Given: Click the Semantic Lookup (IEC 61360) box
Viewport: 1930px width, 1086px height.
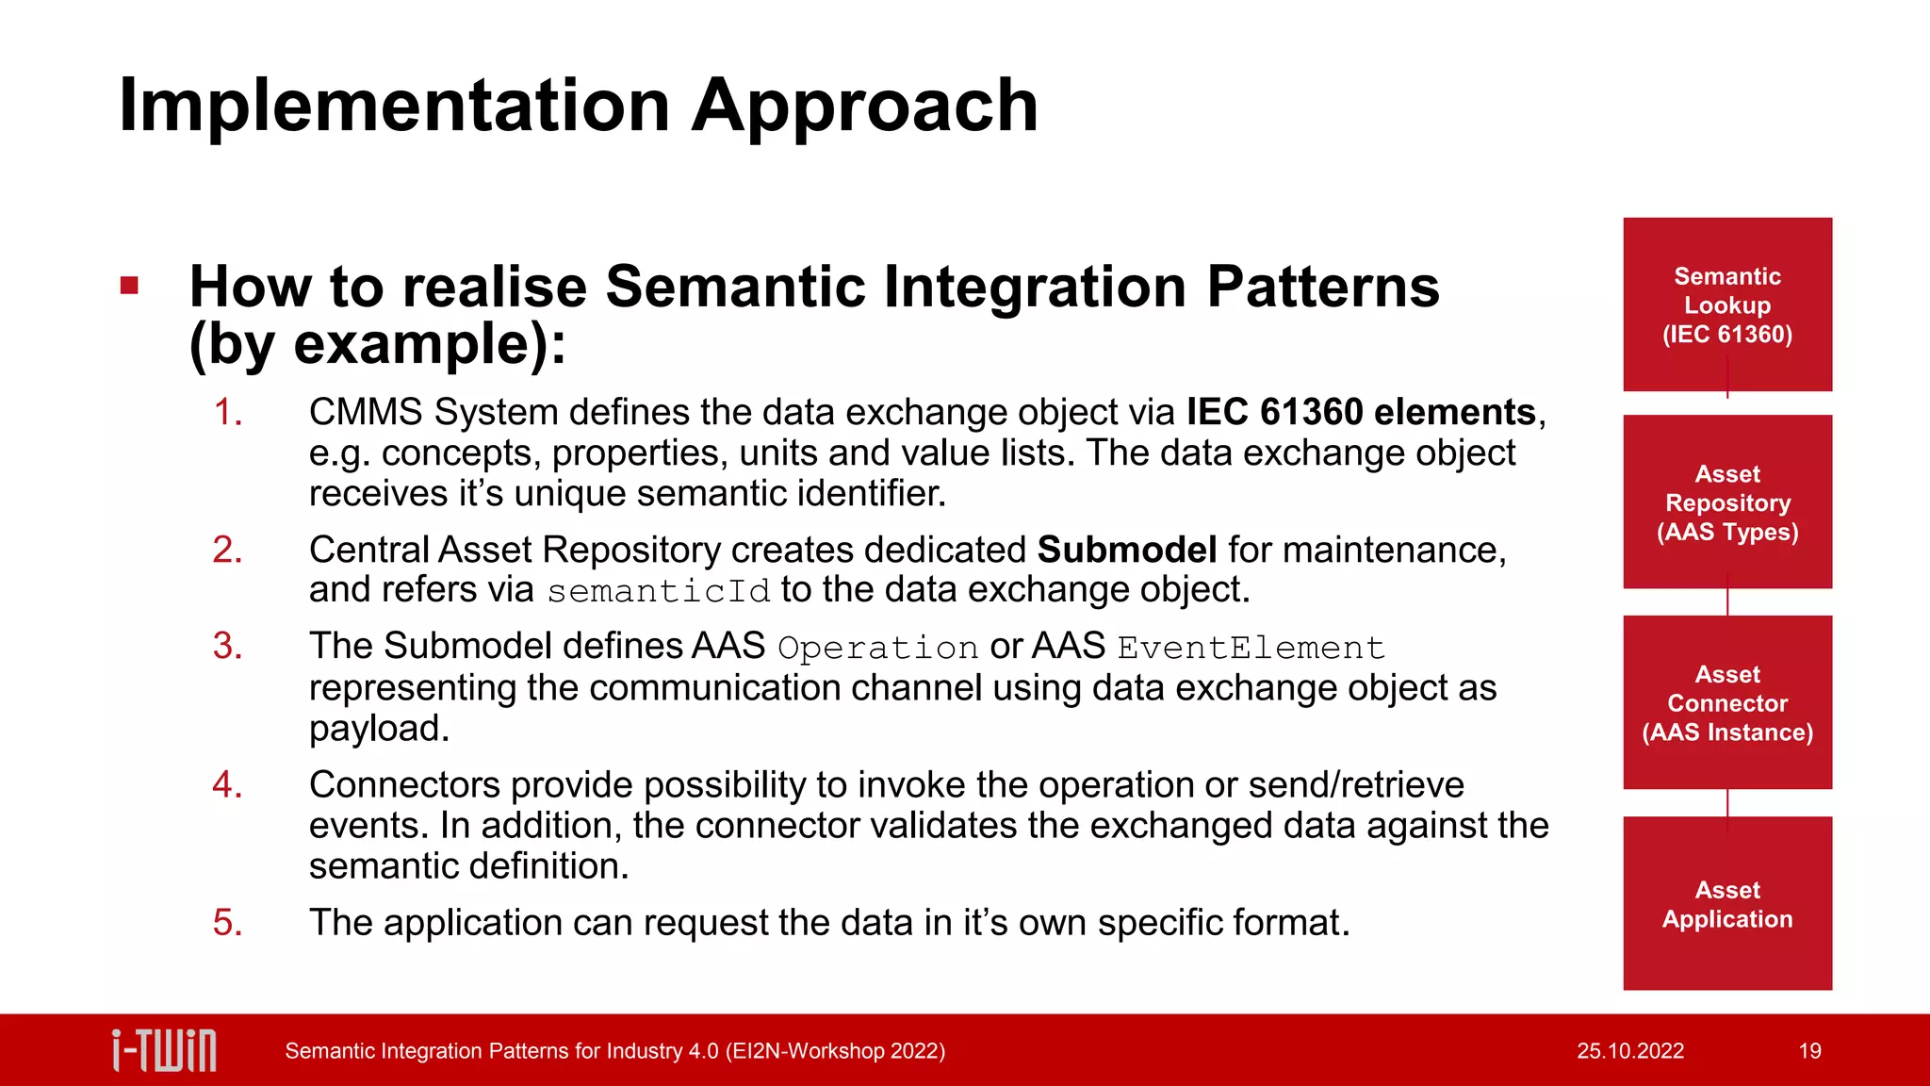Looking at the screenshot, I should pyautogui.click(x=1726, y=304).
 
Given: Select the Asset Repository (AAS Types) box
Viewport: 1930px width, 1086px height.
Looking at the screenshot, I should pyautogui.click(x=1726, y=502).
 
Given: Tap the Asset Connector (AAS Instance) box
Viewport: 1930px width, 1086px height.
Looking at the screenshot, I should pyautogui.click(x=1726, y=702).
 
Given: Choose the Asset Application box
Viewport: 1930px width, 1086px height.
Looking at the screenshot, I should pyautogui.click(x=1726, y=903).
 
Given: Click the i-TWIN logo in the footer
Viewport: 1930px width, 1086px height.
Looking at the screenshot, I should pyautogui.click(x=164, y=1050).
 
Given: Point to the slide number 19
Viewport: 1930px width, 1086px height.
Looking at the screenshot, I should pyautogui.click(x=1809, y=1051).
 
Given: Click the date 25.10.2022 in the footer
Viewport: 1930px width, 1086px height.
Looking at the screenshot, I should pyautogui.click(x=1629, y=1051).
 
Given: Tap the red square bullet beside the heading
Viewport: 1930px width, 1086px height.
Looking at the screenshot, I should pyautogui.click(x=130, y=286).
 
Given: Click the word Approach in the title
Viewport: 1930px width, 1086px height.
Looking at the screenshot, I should pyautogui.click(x=864, y=106).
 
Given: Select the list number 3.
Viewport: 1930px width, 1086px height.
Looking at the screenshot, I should pyautogui.click(x=227, y=646).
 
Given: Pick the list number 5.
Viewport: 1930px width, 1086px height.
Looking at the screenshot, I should pyautogui.click(x=227, y=922).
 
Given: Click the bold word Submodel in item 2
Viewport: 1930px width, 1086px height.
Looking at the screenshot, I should pyautogui.click(x=1126, y=550).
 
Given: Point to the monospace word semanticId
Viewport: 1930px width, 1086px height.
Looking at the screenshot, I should pyautogui.click(x=658, y=591).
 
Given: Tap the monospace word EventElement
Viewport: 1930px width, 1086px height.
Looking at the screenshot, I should pyautogui.click(x=1251, y=648).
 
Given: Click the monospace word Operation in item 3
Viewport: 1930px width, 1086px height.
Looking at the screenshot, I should pyautogui.click(x=877, y=648).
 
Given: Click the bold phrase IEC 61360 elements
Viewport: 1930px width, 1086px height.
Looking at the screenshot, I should pyautogui.click(x=1361, y=412).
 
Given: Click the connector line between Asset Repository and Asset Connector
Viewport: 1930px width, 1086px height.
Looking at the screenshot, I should pyautogui.click(x=1727, y=602).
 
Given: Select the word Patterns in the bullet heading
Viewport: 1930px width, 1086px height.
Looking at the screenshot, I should pyautogui.click(x=1322, y=287).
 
